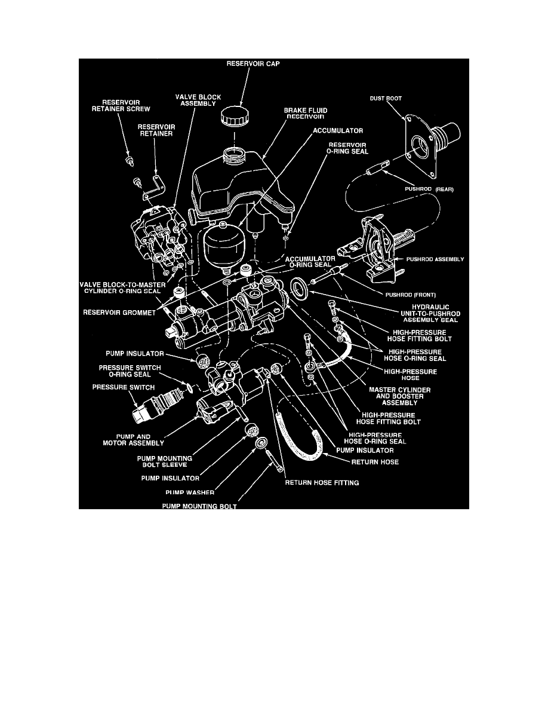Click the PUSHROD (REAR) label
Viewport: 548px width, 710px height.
click(x=427, y=189)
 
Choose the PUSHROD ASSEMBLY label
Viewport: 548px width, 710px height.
click(x=436, y=259)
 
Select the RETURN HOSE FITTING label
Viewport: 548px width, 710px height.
click(x=322, y=483)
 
